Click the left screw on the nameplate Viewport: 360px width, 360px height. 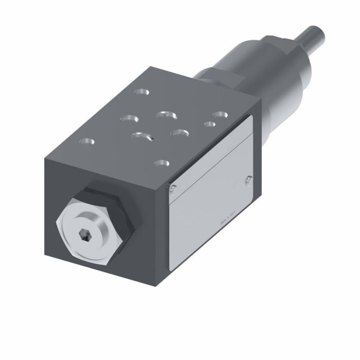(x=173, y=188)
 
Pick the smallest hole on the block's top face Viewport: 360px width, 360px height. (x=208, y=124)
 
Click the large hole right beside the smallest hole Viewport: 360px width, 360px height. (x=220, y=114)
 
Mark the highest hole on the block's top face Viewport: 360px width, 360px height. (x=139, y=93)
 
